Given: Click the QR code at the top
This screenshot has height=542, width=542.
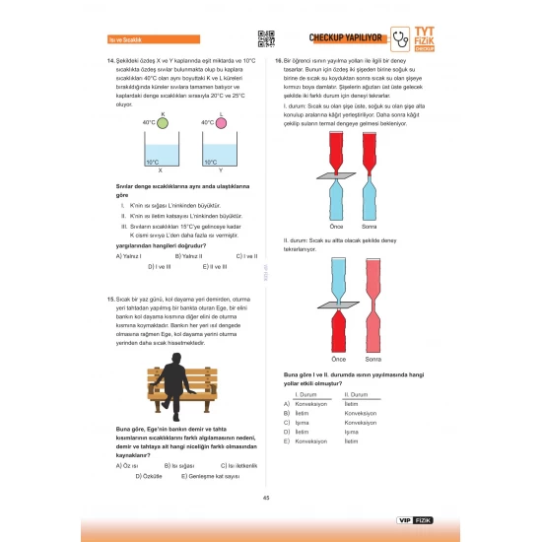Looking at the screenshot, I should (265, 38).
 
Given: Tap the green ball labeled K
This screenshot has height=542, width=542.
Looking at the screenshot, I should (163, 123).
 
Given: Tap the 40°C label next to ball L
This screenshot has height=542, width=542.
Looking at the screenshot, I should (207, 123).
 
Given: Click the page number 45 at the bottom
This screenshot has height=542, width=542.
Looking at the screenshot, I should (266, 497).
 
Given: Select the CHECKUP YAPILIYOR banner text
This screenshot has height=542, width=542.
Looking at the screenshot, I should (345, 38).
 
